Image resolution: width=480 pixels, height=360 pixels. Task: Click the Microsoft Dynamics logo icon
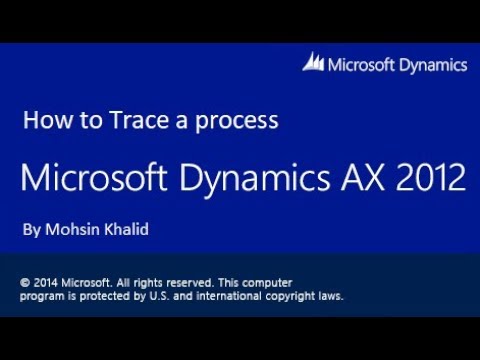coord(314,63)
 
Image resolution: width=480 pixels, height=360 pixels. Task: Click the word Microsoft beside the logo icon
coord(362,65)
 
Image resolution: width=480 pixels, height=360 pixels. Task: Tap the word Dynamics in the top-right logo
coord(432,65)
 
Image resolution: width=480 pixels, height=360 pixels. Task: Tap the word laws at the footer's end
coord(331,296)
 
